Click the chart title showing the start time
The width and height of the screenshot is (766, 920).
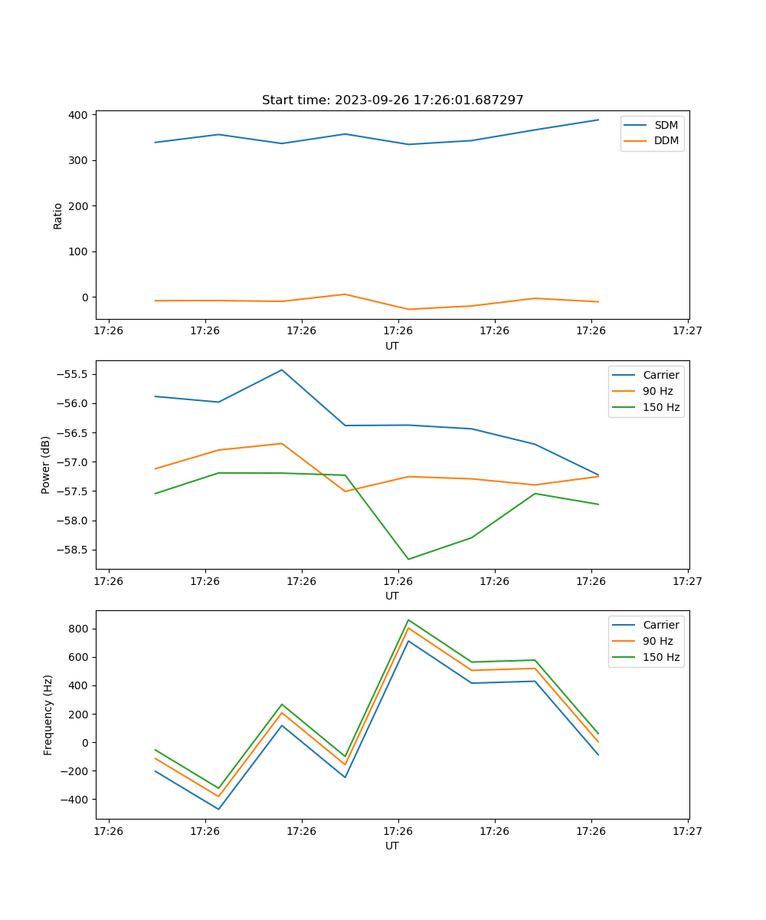392,100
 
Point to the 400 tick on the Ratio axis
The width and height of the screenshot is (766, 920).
80,115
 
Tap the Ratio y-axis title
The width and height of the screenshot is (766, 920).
58,215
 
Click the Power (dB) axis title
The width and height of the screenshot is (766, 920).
46,465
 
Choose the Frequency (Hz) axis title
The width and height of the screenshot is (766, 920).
48,715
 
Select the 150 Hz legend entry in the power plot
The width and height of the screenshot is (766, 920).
661,407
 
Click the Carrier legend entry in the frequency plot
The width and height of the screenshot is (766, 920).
660,625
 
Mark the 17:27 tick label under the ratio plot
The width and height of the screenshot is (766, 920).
687,331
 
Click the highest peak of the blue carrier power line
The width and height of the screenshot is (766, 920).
282,370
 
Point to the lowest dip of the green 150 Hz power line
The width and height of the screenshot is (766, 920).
408,559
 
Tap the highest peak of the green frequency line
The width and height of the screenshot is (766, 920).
408,619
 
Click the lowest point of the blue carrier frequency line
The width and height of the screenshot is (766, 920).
218,809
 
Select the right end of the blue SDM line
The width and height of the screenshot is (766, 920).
598,120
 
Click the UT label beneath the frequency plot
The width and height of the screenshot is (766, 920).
392,846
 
